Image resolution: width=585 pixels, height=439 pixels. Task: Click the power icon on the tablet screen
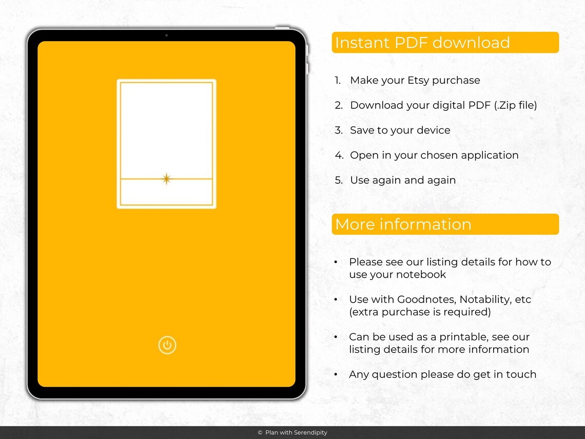click(167, 346)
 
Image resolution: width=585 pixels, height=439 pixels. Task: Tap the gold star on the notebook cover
click(166, 179)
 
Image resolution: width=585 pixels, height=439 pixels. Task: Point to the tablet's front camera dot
click(166, 35)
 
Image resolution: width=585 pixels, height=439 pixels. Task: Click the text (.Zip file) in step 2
click(516, 106)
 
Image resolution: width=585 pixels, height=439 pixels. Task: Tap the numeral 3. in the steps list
click(338, 130)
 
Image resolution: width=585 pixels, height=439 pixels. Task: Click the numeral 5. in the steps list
click(338, 180)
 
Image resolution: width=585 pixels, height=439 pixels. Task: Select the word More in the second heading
click(354, 224)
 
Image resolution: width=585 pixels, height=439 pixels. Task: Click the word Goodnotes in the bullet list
click(426, 299)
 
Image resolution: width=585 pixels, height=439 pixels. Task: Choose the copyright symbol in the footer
click(260, 433)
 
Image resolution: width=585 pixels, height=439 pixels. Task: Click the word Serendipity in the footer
click(310, 433)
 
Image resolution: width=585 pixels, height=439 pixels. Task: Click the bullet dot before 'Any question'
click(336, 374)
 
